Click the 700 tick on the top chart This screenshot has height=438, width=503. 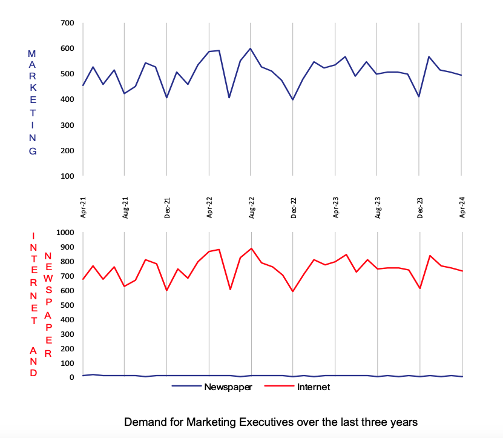coord(67,23)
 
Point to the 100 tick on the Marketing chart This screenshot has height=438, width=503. coord(67,176)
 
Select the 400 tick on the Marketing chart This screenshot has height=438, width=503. coord(67,99)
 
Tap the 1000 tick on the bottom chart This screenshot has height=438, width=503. coord(64,233)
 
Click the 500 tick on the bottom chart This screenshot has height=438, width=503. coord(66,305)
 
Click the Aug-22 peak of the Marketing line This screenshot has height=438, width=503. coord(251,48)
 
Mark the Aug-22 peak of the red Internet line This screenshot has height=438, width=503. coord(251,248)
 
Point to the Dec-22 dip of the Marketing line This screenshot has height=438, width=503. coord(293,99)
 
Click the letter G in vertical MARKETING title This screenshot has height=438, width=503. coord(33,151)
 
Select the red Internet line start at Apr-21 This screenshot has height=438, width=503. coord(83,279)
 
